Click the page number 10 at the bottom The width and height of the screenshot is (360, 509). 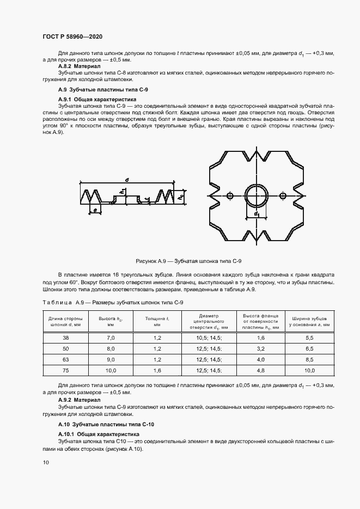pos(46,462)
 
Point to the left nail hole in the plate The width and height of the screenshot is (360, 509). pos(230,195)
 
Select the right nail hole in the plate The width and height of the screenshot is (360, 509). pos(282,195)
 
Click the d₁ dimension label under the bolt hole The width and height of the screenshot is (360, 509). pos(256,214)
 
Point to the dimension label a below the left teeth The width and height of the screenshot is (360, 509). pos(95,210)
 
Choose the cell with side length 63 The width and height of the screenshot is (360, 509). pos(65,360)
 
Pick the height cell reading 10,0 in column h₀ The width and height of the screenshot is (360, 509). pos(111,371)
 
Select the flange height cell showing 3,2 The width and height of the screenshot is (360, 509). pos(260,348)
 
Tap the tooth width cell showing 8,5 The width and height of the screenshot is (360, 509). pos(309,360)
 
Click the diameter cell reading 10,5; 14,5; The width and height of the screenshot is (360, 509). pos(209,338)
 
